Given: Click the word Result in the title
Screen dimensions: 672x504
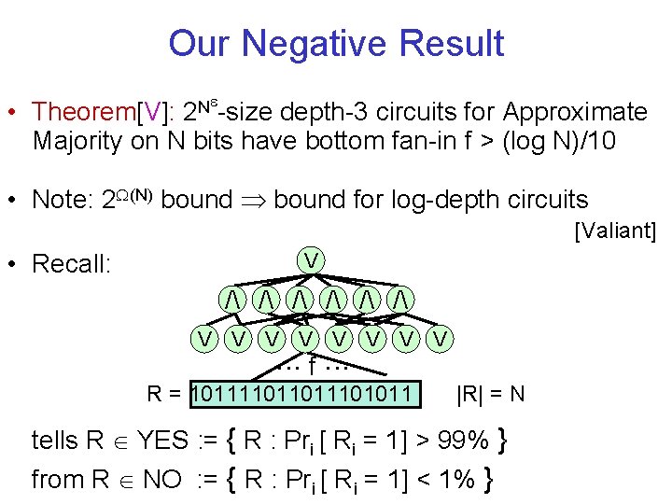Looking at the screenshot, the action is point(456,44).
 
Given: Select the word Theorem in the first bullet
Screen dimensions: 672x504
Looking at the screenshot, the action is point(83,113).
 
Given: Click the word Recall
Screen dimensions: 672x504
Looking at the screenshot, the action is point(72,264).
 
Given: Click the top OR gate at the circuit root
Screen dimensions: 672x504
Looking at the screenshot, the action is point(309,258).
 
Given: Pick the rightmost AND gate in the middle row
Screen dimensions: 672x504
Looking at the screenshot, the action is point(399,298).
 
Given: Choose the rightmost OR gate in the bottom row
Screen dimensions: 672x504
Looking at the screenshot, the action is point(441,337).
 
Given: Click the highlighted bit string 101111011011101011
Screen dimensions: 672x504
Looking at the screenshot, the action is point(304,393).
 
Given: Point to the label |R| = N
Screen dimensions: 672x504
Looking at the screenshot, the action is point(490,393).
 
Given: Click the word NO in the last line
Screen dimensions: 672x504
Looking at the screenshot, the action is point(164,480).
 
